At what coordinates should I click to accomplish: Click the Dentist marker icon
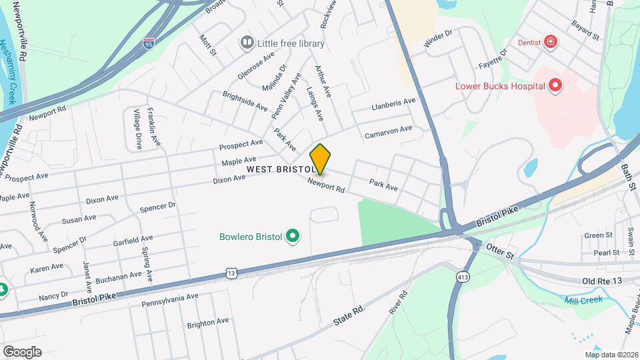pyautogui.click(x=551, y=42)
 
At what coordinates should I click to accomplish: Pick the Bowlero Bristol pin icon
pyautogui.click(x=291, y=236)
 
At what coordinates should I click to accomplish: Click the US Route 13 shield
pyautogui.click(x=231, y=273)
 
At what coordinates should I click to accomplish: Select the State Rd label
pyautogui.click(x=349, y=317)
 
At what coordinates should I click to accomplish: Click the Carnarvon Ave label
pyautogui.click(x=389, y=131)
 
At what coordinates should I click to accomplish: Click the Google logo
pyautogui.click(x=22, y=351)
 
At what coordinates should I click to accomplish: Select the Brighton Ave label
pyautogui.click(x=208, y=322)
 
